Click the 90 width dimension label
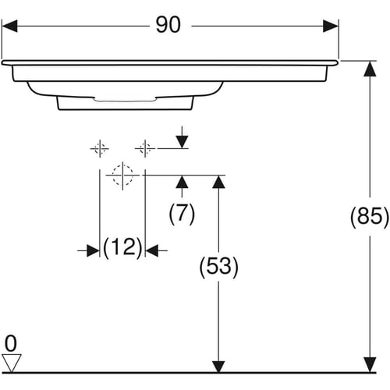168,25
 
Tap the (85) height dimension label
370,216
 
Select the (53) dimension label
218,266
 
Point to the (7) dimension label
182,213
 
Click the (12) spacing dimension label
122,247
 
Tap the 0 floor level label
11,343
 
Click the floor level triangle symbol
12,363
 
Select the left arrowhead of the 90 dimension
9,26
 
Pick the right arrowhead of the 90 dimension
331,26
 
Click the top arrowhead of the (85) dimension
370,69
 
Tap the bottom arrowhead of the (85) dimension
370,365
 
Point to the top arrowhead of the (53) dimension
218,182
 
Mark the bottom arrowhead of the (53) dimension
218,367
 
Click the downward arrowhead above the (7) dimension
182,142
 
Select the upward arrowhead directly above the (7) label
182,182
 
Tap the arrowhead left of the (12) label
93,250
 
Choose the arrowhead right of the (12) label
151,250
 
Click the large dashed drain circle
122,175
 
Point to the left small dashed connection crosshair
100,149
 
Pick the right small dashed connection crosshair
145,149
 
